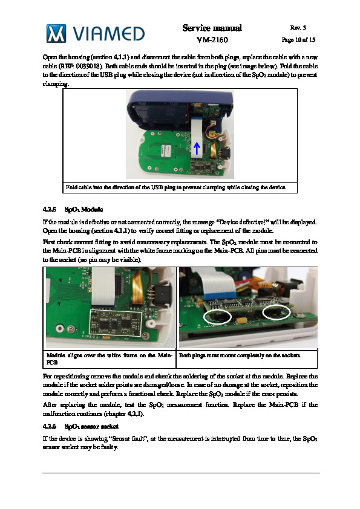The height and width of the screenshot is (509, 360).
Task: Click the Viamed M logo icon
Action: pyautogui.click(x=56, y=33)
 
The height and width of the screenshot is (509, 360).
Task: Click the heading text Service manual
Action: pyautogui.click(x=212, y=28)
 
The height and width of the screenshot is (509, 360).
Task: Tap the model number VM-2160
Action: pyautogui.click(x=212, y=40)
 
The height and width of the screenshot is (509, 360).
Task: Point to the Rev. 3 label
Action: pyautogui.click(x=298, y=28)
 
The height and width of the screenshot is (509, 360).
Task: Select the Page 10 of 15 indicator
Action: pyautogui.click(x=298, y=40)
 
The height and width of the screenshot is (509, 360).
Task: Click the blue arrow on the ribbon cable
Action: pyautogui.click(x=197, y=148)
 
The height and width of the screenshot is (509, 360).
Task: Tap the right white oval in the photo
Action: pyautogui.click(x=276, y=312)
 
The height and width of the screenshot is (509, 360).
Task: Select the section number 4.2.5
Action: pyautogui.click(x=49, y=209)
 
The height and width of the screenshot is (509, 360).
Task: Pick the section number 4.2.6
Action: pyautogui.click(x=49, y=426)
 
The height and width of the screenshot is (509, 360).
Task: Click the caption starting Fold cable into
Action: pyautogui.click(x=175, y=187)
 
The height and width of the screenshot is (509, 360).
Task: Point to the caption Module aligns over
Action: pyautogui.click(x=109, y=358)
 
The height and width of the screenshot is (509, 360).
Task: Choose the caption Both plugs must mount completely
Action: pyautogui.click(x=240, y=355)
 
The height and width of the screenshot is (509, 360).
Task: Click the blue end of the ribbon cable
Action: pyautogui.click(x=220, y=295)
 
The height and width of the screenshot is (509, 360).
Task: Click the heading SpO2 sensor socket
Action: pyautogui.click(x=91, y=426)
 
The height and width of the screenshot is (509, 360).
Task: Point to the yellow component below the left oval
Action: pyautogui.click(x=241, y=320)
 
